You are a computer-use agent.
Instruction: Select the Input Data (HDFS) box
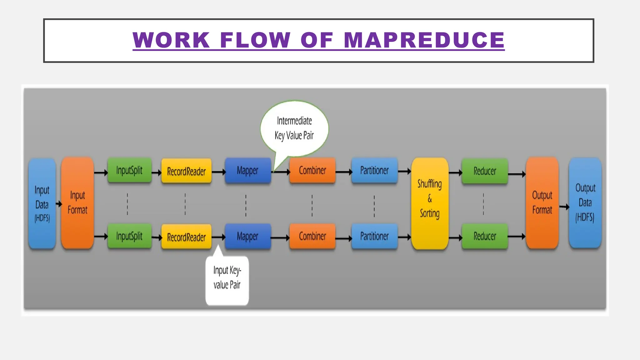point(42,203)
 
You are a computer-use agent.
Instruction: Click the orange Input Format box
point(77,203)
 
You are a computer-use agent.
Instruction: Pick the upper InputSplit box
point(129,170)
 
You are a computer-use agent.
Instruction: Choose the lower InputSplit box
point(129,236)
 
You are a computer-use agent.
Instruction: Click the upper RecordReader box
point(186,171)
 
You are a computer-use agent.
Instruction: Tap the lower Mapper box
point(247,236)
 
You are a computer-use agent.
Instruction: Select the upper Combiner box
point(312,170)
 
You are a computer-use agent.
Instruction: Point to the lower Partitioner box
point(374,236)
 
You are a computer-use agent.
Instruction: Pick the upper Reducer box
point(485,171)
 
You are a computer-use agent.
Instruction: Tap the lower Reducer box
point(485,236)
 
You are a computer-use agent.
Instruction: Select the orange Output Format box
point(542,203)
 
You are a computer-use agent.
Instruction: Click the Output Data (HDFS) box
point(585,203)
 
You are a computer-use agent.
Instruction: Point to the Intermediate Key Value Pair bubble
point(294,128)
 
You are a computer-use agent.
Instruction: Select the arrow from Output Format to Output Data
point(564,207)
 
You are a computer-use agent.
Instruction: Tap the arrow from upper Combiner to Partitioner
point(343,172)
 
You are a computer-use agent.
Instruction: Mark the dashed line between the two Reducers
point(483,204)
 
